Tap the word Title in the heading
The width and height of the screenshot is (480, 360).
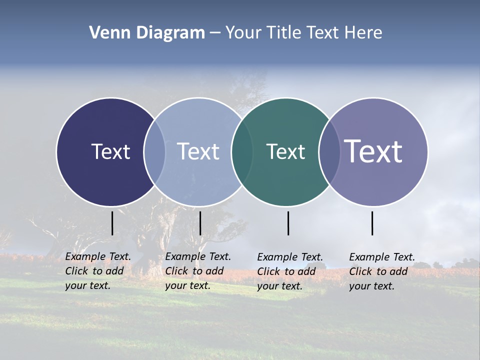pos(284,33)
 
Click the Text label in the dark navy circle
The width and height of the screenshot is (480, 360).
pos(110,151)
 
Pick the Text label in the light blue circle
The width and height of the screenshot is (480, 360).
pos(198,151)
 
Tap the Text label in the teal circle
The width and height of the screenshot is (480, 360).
pos(285,151)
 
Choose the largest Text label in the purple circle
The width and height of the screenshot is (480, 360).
pos(373,151)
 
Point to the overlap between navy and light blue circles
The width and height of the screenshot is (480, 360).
pos(154,152)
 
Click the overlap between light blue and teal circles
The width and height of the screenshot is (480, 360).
pos(242,152)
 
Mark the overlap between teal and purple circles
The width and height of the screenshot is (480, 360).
pos(329,152)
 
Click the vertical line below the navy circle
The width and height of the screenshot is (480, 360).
pos(112,223)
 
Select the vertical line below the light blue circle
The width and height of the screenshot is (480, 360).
pos(200,223)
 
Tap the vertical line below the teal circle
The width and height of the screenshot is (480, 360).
pos(288,223)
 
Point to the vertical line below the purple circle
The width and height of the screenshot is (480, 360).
pos(372,223)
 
